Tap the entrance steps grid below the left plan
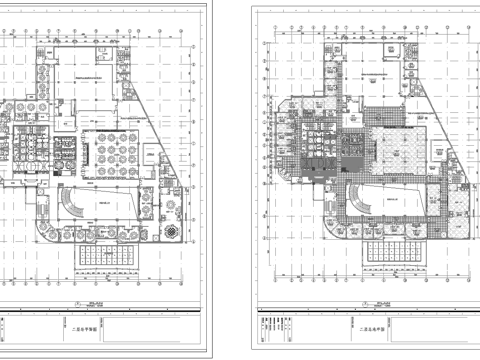(x=111, y=258)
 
